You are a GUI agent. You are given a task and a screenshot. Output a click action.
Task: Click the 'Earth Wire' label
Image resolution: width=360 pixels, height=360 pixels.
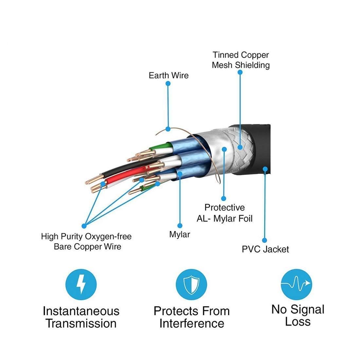point(169,76)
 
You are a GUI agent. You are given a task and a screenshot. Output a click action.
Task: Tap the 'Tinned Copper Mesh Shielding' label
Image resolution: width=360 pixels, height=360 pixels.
point(241,60)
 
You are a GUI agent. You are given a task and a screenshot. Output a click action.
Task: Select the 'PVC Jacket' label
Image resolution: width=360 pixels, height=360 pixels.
point(265,249)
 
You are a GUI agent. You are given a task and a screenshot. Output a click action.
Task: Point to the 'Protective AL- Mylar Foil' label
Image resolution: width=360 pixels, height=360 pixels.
point(225,213)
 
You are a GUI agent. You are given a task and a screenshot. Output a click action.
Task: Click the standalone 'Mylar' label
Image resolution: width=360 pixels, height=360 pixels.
point(179,234)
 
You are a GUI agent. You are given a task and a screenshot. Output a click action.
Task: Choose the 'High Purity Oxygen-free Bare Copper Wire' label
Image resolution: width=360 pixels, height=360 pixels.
point(86,241)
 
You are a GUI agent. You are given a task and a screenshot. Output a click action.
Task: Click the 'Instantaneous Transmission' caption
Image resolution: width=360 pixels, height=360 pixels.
point(81,317)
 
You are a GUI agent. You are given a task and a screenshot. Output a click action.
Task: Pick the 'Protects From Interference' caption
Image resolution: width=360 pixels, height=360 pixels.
point(191,317)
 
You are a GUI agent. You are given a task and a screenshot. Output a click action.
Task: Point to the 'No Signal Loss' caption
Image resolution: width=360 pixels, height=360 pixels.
point(297,315)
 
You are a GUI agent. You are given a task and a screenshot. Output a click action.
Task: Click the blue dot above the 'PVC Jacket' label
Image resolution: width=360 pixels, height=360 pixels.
point(264,240)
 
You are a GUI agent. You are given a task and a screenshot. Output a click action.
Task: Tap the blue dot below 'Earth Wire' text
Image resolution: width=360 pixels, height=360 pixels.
point(168,83)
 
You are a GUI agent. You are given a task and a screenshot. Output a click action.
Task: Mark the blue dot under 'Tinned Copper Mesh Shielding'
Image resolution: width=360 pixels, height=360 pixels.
point(240,72)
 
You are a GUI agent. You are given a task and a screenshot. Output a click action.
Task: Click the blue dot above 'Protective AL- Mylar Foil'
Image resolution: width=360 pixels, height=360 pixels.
point(224,198)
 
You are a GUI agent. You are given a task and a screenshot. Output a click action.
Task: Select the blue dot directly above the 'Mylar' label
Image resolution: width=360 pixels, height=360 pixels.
point(179,225)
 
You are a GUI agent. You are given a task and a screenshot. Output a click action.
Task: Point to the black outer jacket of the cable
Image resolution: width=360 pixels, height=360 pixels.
point(259,147)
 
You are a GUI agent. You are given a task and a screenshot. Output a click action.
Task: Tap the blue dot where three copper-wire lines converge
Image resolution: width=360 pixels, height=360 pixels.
point(84,225)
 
